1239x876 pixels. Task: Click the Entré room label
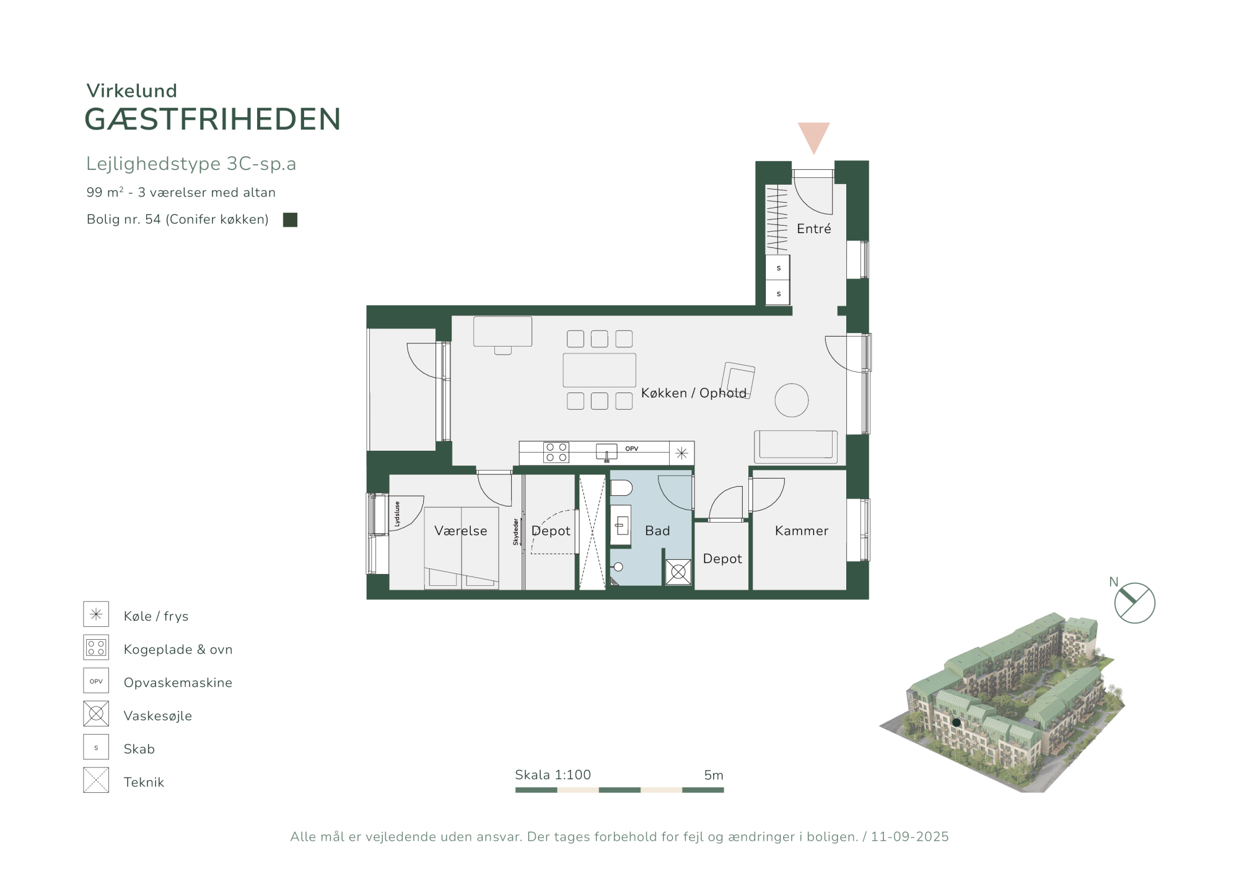[813, 229]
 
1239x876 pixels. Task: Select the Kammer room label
[801, 531]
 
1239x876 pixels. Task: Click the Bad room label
[657, 531]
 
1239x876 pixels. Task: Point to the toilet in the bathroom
[621, 488]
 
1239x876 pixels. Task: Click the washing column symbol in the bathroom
[678, 572]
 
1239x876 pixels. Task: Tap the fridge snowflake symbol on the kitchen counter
[681, 453]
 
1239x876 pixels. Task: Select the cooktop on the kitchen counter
[556, 453]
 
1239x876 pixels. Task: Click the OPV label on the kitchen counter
[631, 449]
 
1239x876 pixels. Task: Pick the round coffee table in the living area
[791, 400]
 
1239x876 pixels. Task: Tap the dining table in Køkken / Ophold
[599, 370]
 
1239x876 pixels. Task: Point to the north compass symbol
[1134, 603]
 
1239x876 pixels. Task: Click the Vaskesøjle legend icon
[96, 714]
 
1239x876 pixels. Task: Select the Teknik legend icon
[96, 780]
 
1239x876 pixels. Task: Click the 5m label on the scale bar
[714, 775]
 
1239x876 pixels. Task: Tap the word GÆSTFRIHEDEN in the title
[212, 119]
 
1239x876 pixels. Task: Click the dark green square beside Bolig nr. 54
[290, 219]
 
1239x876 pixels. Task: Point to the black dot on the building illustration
[957, 722]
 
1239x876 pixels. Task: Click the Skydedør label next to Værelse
[515, 532]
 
